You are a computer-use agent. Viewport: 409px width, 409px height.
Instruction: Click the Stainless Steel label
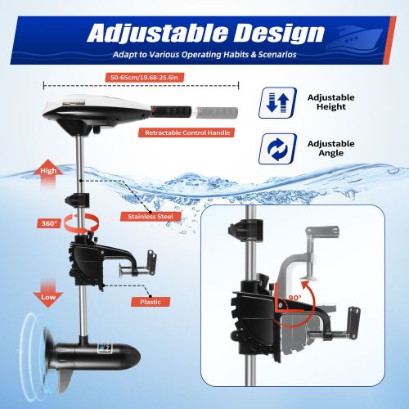coord(151,217)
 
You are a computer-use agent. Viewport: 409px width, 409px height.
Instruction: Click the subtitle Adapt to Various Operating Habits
coord(204,56)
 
